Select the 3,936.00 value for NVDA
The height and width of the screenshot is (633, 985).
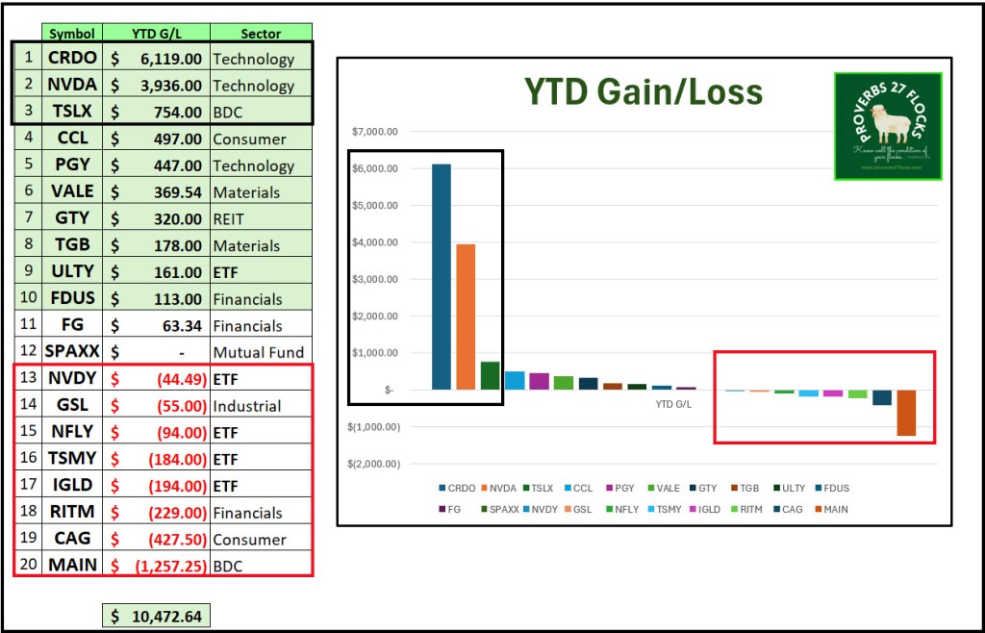tap(157, 86)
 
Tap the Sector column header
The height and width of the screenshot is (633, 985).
tap(260, 34)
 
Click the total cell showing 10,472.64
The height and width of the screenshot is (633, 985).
tap(156, 616)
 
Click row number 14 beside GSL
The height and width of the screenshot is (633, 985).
tap(28, 405)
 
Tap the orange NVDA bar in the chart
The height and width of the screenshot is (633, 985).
tap(466, 316)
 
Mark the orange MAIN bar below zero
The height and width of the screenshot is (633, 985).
tap(906, 413)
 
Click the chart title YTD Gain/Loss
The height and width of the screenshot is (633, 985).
tap(643, 92)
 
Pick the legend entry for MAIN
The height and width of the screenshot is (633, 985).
tap(830, 509)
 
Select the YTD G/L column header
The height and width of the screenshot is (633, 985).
tap(157, 34)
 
